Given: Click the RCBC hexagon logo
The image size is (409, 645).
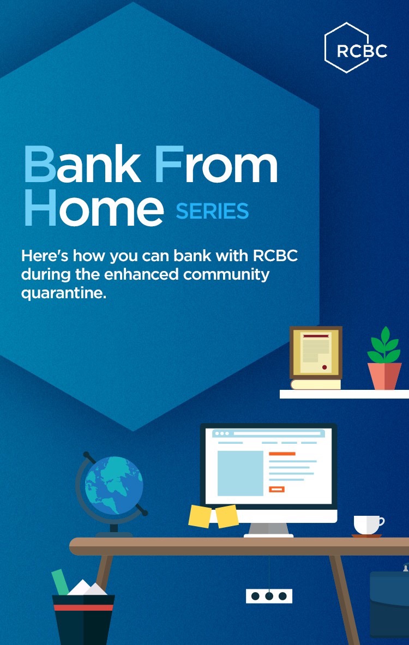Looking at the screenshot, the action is [x=356, y=47].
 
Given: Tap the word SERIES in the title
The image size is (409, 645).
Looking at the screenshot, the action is [x=212, y=211].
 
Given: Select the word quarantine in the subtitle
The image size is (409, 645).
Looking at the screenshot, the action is [x=64, y=293].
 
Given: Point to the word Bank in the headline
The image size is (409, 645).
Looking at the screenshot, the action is [x=81, y=164].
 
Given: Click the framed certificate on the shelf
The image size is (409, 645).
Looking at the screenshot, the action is [x=316, y=353].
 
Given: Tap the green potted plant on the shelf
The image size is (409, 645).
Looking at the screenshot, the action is [x=384, y=358].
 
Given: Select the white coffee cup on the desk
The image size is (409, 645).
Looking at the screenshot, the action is [x=368, y=526].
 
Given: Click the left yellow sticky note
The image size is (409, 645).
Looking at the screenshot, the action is [x=200, y=516].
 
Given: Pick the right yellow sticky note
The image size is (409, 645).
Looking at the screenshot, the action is [x=227, y=516].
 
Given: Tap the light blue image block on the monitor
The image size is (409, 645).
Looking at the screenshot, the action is [x=240, y=473].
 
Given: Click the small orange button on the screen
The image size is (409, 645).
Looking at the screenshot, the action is [x=276, y=489].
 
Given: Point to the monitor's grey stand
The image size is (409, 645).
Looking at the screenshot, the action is [x=269, y=529].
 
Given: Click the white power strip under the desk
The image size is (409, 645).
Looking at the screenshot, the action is [x=269, y=595].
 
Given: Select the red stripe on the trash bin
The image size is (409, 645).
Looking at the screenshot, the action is [x=83, y=607].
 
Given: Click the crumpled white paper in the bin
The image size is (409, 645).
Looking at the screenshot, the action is [x=87, y=588].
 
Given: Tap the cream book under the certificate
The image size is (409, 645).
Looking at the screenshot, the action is [x=316, y=384].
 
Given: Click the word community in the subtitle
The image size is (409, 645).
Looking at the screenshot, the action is [x=226, y=275].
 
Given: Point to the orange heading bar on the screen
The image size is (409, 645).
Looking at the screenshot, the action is [x=282, y=454].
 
